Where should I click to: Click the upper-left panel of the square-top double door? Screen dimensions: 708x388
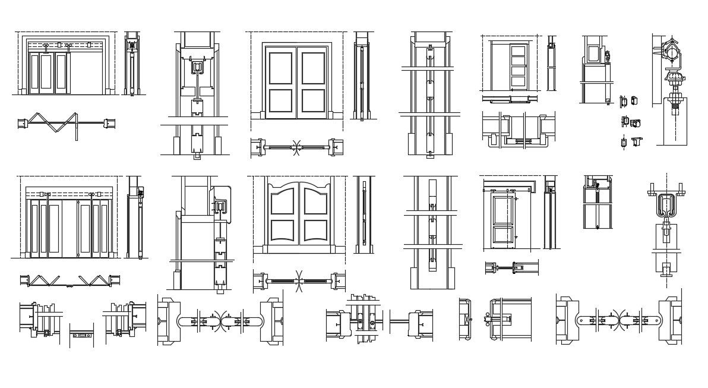281,68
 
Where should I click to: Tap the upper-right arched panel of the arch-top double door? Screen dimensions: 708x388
315,202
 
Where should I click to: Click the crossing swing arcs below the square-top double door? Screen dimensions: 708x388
296,146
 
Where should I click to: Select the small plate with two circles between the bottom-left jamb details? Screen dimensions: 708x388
81,336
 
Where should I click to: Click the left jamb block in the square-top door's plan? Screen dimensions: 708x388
257,146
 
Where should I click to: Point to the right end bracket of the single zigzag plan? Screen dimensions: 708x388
110,124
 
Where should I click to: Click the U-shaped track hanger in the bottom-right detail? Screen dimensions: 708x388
666,205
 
